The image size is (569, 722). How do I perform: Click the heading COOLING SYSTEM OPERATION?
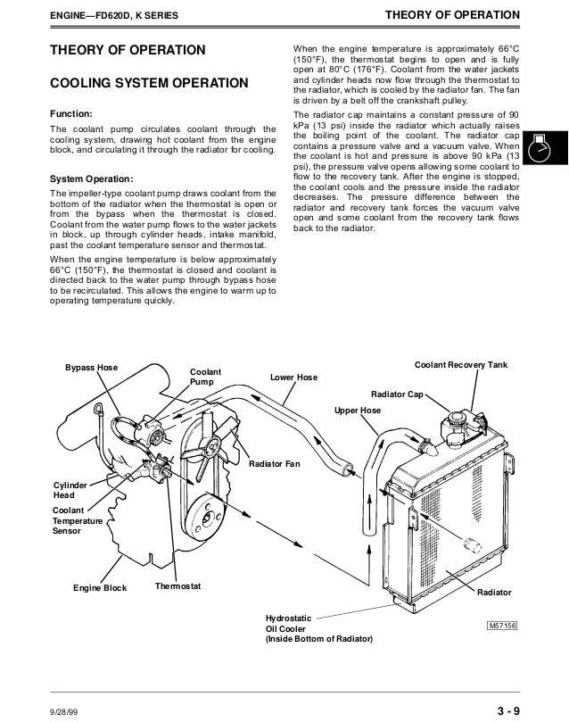pos(148,83)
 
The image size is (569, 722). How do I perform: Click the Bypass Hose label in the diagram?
pos(91,368)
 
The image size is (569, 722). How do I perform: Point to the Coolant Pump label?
pos(205,377)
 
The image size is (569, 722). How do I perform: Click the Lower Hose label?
pos(293,378)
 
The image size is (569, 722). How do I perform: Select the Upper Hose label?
pos(357,411)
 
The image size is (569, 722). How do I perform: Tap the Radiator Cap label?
pos(397,394)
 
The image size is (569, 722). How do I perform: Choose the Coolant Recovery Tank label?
pos(460,366)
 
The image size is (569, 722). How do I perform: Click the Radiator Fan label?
pos(274,464)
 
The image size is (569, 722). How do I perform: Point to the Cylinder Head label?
pos(70,490)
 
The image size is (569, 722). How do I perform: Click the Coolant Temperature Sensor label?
pos(78,520)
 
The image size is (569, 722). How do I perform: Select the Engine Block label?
pos(100,588)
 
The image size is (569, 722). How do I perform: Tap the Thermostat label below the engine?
pos(177,586)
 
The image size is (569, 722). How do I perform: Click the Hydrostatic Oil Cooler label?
pos(318,628)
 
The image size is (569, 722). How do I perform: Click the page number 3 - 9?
pos(509,710)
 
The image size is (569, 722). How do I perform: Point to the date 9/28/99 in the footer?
pos(64,711)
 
